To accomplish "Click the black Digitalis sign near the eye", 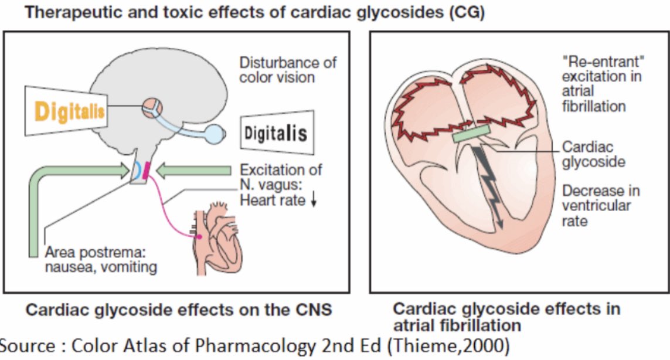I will (275, 133).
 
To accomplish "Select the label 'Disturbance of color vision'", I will (287, 69).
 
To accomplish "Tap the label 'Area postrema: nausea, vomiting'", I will (101, 260).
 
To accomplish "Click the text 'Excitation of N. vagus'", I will (281, 177).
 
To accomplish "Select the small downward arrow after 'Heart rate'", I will (314, 201).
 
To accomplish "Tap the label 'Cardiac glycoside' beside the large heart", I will (593, 154).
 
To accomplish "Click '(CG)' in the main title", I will (465, 13).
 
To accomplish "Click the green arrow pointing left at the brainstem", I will (196, 170).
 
